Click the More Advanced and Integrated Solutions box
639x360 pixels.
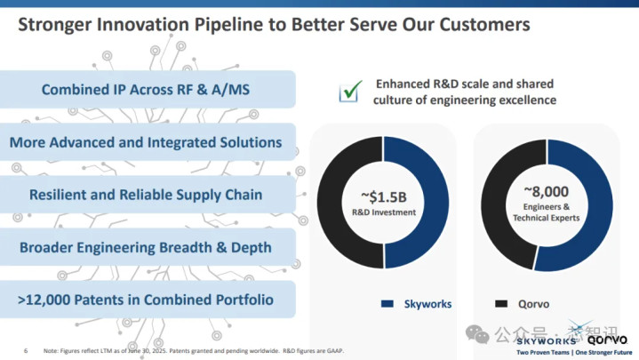pyautogui.click(x=147, y=142)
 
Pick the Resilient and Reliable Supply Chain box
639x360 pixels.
pyautogui.click(x=147, y=194)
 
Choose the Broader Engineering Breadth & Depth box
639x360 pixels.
pyautogui.click(x=147, y=246)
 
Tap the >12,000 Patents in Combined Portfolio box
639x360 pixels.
pyautogui.click(x=147, y=299)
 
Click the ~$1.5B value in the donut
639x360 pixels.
pyautogui.click(x=383, y=196)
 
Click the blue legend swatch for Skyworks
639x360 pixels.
pyautogui.click(x=387, y=304)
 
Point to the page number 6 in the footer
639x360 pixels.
pyautogui.click(x=26, y=350)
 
